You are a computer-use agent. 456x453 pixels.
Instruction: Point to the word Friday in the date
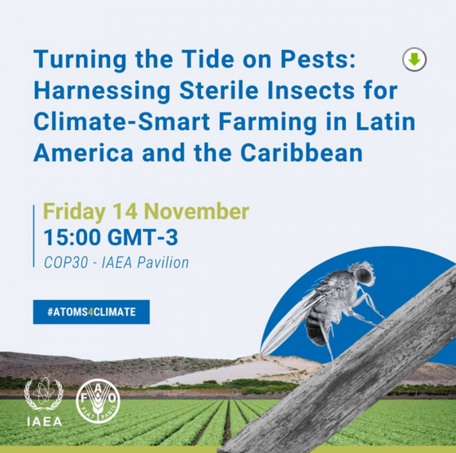coord(74,212)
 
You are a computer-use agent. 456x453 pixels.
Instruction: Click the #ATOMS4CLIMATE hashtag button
coord(91,312)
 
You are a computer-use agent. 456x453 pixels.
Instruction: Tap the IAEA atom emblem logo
coord(44,396)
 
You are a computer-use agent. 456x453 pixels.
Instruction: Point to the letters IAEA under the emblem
coord(44,422)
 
